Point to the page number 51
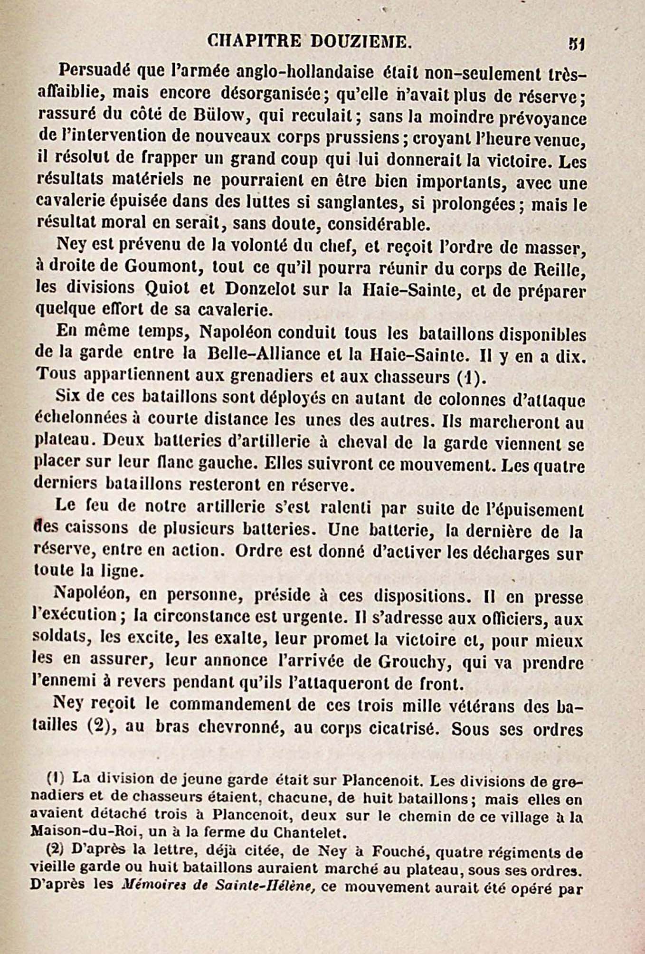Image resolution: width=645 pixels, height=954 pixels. (x=577, y=44)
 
